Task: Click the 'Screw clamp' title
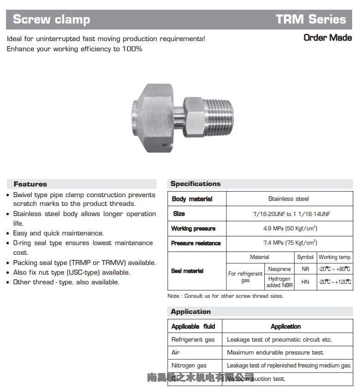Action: point(51,19)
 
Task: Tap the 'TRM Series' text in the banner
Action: point(311,19)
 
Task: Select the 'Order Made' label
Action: point(328,38)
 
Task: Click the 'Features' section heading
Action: point(30,184)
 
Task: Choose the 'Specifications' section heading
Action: point(195,184)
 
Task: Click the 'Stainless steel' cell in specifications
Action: point(288,199)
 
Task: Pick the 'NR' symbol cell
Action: point(305,269)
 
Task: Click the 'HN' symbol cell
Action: point(305,282)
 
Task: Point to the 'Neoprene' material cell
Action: point(280,269)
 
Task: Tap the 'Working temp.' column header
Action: point(335,257)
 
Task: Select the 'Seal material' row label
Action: point(187,271)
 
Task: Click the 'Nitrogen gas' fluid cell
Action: point(189,366)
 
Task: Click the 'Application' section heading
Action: point(190,312)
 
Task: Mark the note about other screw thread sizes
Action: point(225,296)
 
